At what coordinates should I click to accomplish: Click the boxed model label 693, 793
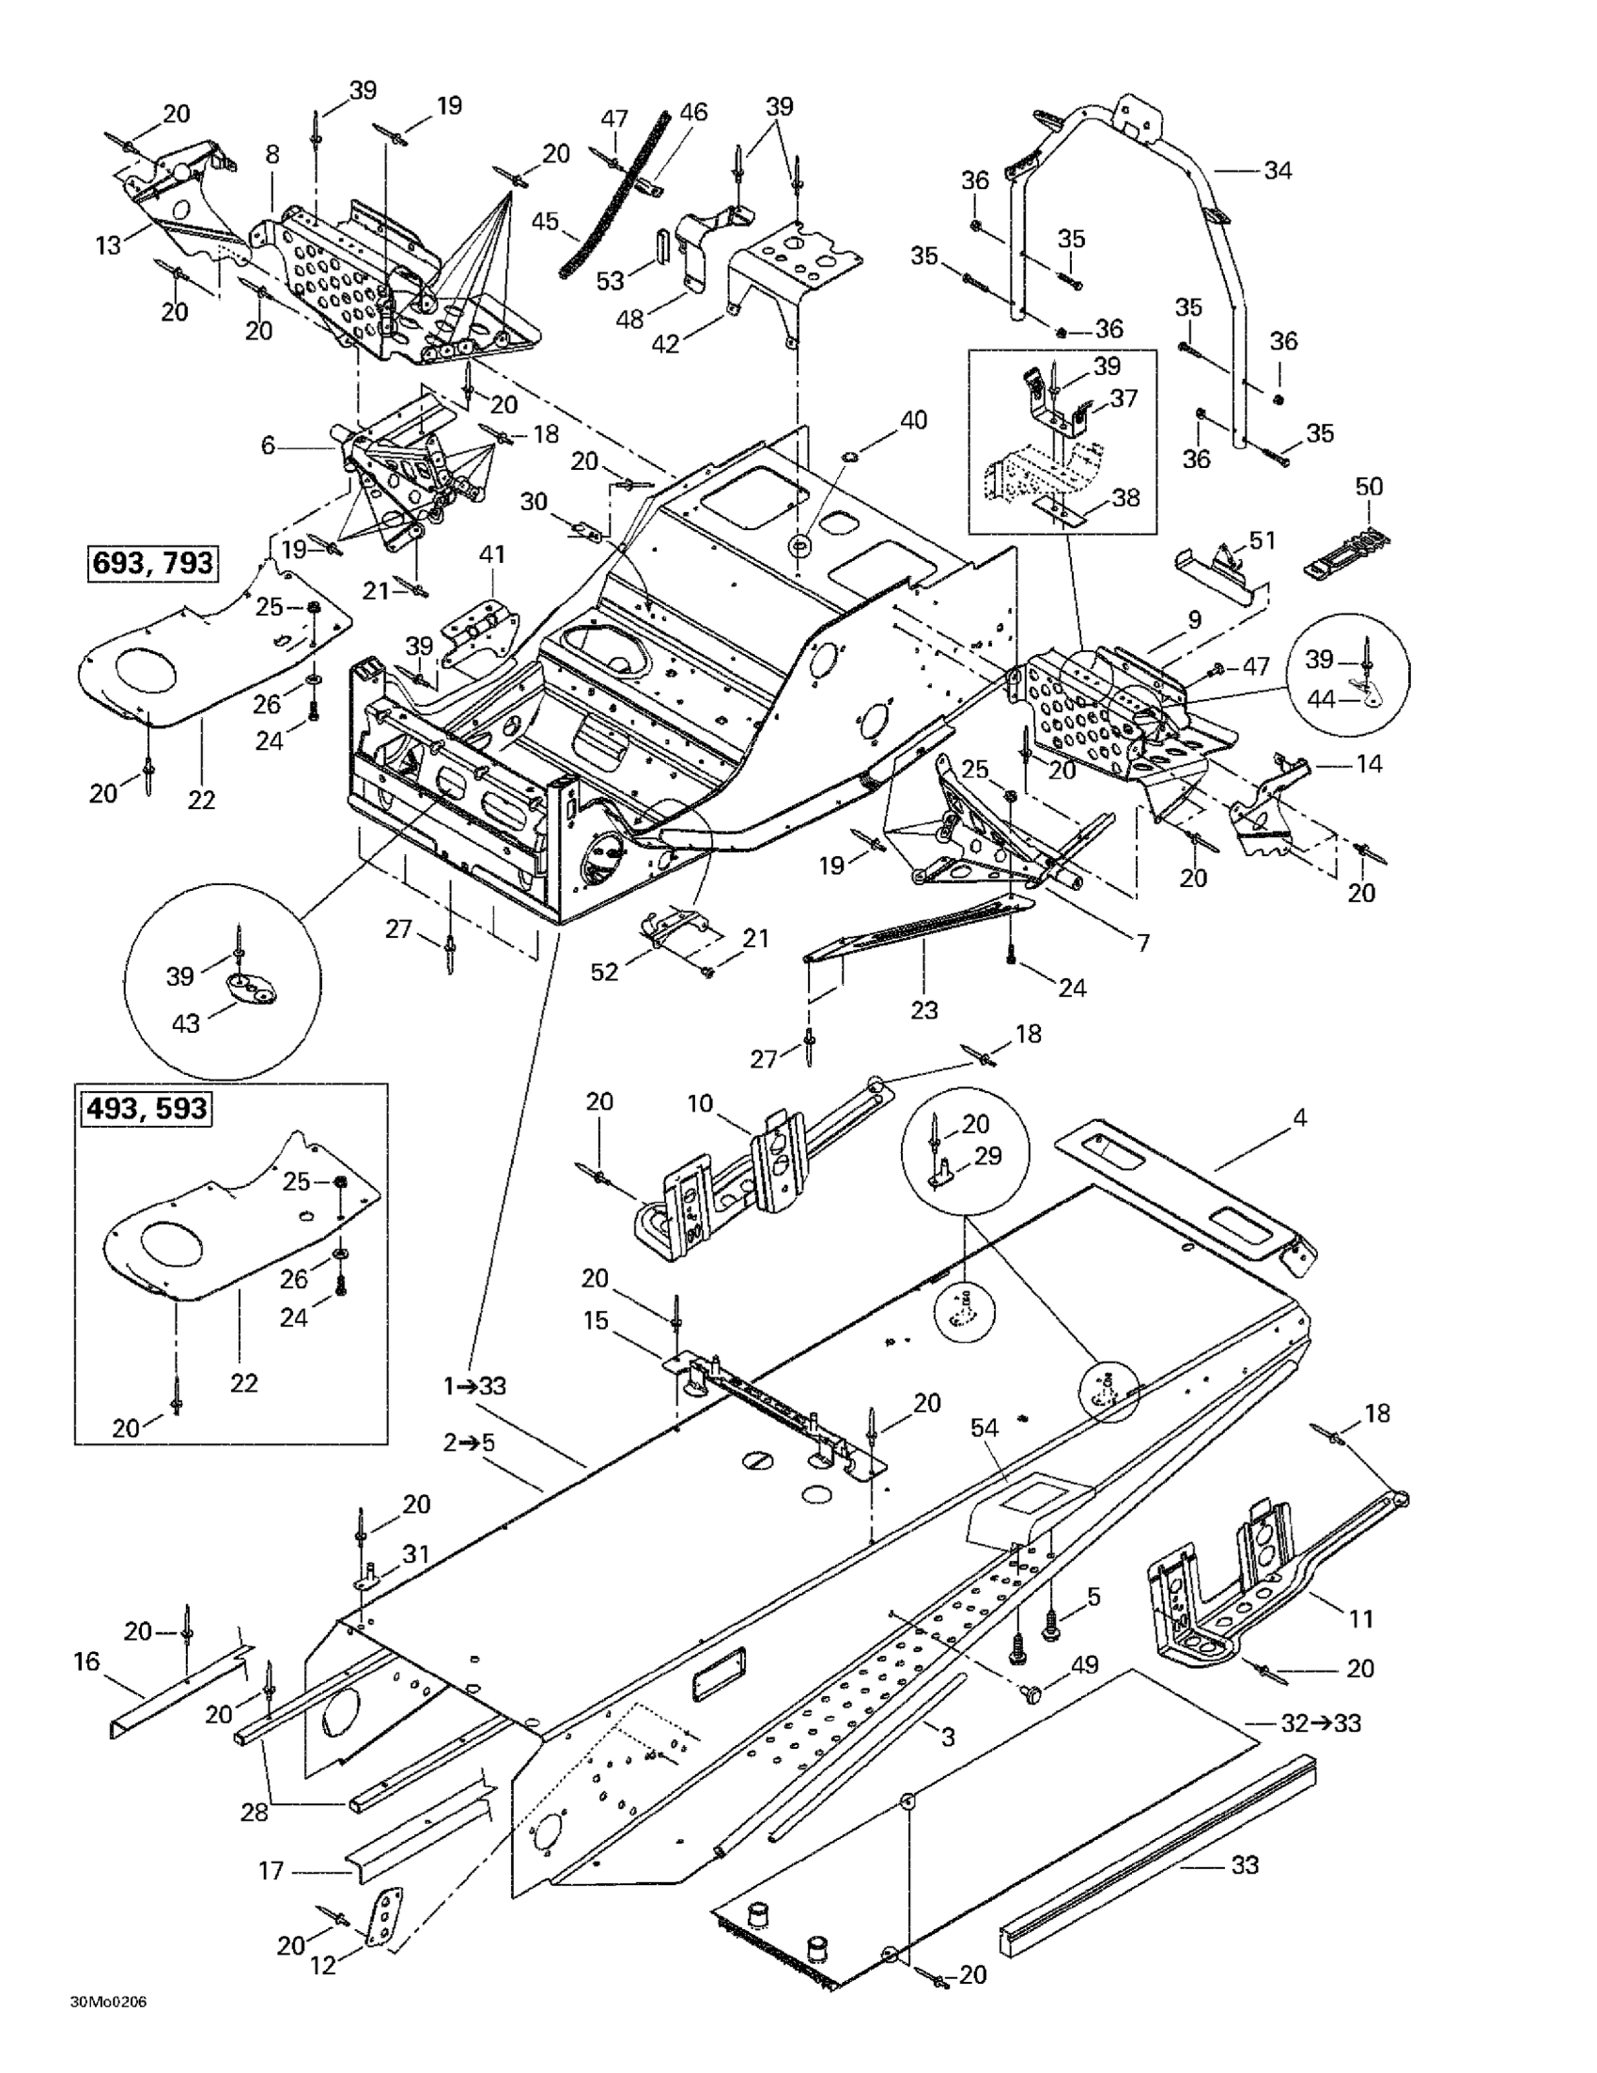tap(152, 562)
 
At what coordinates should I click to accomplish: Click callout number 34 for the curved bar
tap(1278, 171)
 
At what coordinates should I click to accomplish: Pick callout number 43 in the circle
tap(185, 1023)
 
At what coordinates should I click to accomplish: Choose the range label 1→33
tap(474, 1386)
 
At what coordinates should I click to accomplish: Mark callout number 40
tap(913, 419)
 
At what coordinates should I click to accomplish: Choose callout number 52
tap(604, 971)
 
